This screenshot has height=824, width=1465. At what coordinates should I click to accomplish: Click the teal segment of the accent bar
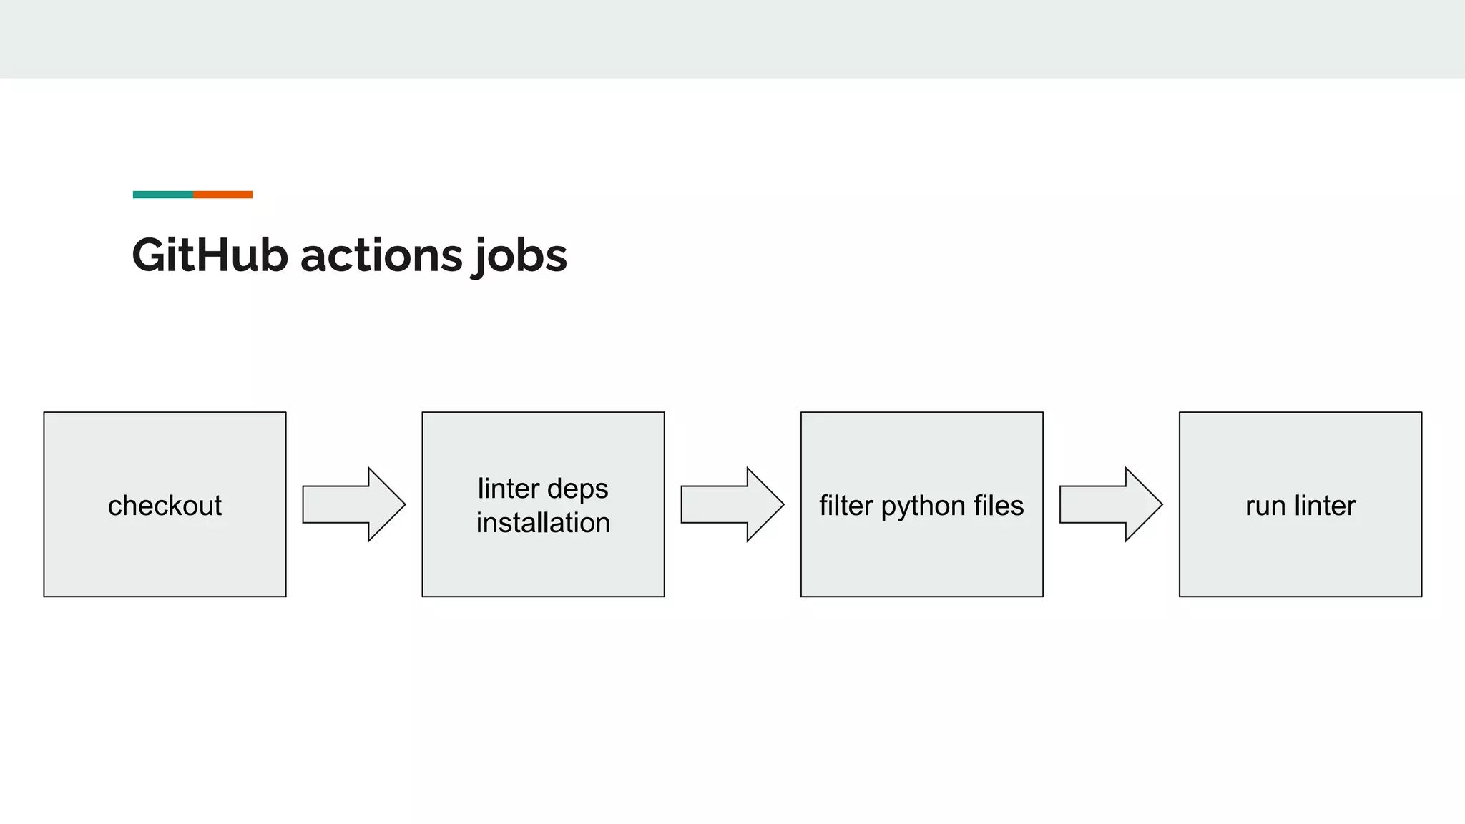coord(162,195)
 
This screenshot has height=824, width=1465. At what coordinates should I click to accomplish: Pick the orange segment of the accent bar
coord(222,195)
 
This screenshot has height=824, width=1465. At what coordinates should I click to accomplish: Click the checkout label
coord(165,506)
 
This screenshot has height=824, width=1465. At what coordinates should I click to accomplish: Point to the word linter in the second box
coord(509,489)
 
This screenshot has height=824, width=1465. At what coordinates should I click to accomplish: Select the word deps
coord(578,490)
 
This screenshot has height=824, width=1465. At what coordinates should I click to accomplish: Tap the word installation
coord(543,523)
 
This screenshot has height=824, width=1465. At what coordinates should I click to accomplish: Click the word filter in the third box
coord(846,506)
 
